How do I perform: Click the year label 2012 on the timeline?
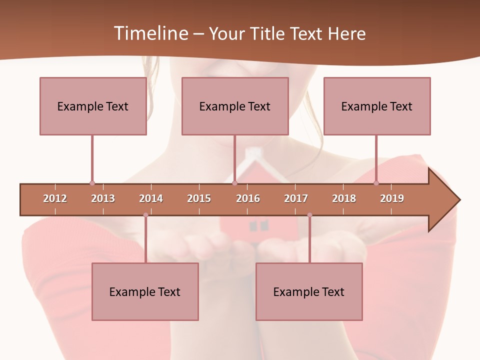coord(55,198)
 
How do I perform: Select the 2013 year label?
coord(103,198)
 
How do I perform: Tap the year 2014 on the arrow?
coord(151,198)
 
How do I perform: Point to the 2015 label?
coord(199,198)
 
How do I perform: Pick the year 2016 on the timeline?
coord(248,198)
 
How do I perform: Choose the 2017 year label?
coord(296,198)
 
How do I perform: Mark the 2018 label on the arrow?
coord(344,198)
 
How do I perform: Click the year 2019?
coord(392,198)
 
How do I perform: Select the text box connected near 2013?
coord(93,106)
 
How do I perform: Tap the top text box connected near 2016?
coord(235,106)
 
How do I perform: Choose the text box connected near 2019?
coord(377,106)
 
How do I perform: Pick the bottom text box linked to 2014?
coord(145,292)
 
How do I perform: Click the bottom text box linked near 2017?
coord(309,292)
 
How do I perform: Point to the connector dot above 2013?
coord(92,183)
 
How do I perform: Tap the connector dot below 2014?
coord(145,215)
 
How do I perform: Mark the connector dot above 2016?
coord(234,183)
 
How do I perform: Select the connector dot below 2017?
coord(309,215)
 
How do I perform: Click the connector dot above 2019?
coord(376,183)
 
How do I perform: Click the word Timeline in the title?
coord(150,33)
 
